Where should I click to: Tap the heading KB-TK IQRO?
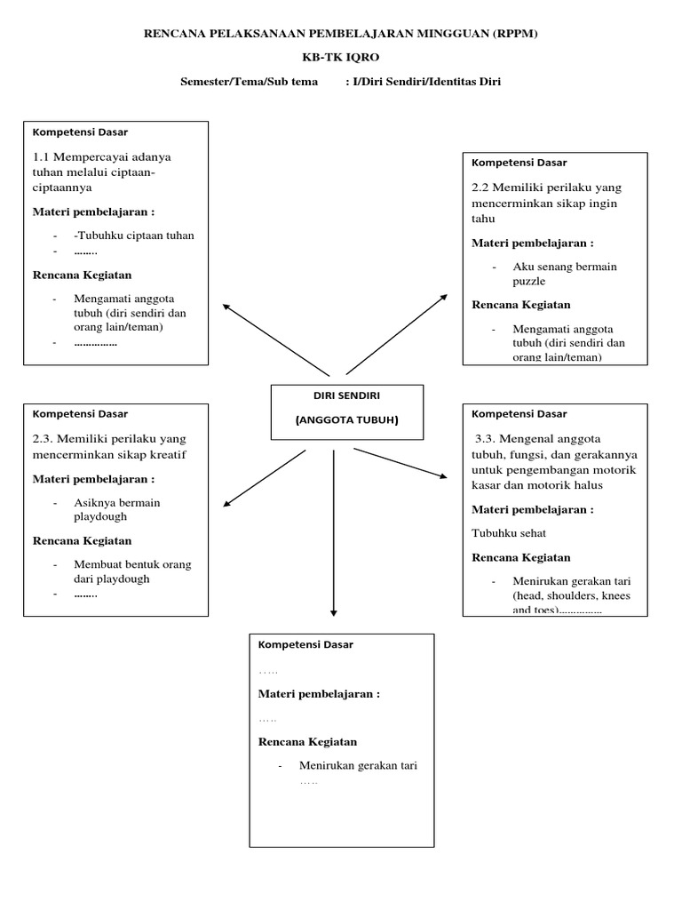coord(341,59)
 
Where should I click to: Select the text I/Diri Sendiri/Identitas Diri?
coord(430,83)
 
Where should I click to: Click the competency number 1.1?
coord(44,157)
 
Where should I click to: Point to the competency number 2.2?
coord(482,188)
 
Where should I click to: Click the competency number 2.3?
coord(45,440)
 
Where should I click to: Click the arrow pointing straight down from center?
coord(333,533)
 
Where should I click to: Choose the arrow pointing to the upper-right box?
coord(398,333)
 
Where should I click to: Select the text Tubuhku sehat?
coord(509,533)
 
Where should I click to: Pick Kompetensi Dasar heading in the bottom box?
coord(305,645)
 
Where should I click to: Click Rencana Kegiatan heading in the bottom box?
coord(307,742)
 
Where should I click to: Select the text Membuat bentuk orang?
coord(133,564)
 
